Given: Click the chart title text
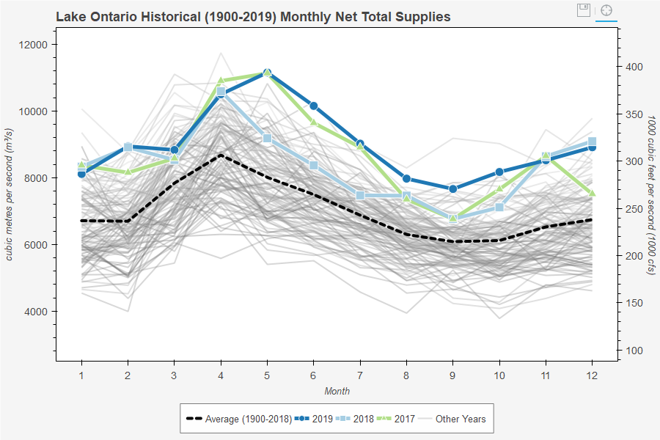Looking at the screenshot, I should point(253,16).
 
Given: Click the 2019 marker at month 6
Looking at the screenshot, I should point(313,106).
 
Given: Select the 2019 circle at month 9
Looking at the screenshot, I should point(452,189).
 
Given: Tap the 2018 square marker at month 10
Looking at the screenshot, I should point(499,208).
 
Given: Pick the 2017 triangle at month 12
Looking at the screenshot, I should point(592,193).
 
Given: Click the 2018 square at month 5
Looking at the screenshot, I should point(267,138).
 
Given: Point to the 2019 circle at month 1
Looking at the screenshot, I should point(81,174).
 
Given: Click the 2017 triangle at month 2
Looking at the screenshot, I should point(128,171).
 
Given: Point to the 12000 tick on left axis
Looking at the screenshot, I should point(32,45).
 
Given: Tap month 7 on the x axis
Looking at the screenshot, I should point(360,375).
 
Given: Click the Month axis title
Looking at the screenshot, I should point(337,391).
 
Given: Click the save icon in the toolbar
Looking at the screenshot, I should point(584,10).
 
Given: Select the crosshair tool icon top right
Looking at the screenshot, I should point(606,10).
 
